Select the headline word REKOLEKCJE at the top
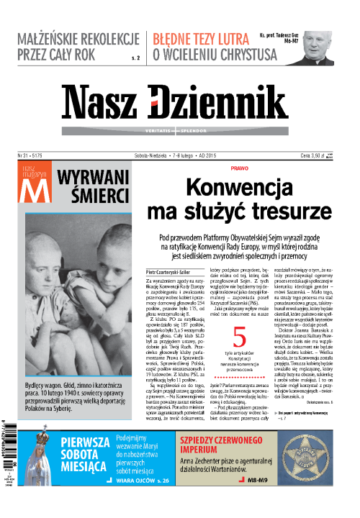click(104, 40)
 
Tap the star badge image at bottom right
click(333, 471)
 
